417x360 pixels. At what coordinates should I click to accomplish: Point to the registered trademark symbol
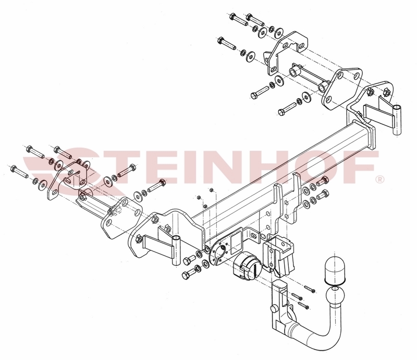380,179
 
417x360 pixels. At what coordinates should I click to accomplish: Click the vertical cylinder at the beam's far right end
397,120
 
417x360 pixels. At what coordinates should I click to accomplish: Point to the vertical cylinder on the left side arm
176,250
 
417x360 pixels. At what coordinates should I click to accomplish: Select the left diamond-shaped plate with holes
121,218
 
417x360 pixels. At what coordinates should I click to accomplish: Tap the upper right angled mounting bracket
286,53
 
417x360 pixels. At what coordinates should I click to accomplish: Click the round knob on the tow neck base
274,309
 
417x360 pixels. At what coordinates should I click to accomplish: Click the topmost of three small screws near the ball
310,289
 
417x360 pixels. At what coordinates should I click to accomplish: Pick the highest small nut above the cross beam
211,190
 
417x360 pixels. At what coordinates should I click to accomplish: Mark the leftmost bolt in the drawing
19,172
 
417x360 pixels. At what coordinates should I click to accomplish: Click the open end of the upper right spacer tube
294,72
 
